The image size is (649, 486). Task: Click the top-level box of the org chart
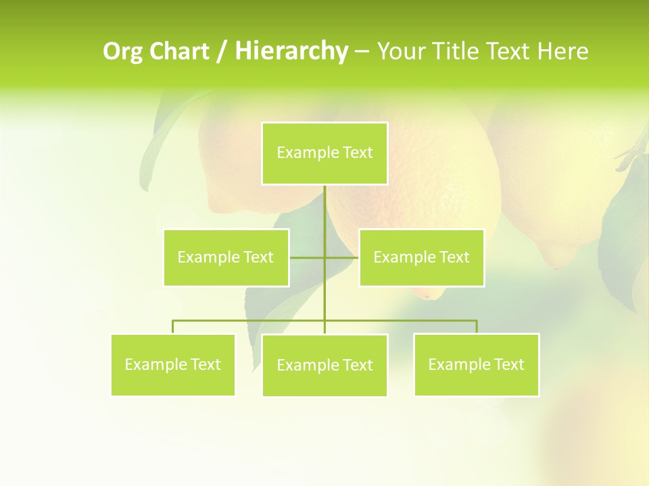[x=324, y=153]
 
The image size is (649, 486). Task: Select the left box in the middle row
[x=226, y=257]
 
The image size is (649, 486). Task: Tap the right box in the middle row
[x=421, y=257]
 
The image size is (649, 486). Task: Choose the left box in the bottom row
[x=172, y=364]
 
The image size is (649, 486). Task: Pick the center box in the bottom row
[x=324, y=365]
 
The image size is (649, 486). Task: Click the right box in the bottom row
[x=476, y=364]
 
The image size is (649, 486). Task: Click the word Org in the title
[x=123, y=51]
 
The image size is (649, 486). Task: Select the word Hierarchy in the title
[x=291, y=51]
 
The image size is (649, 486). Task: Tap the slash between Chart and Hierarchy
[x=222, y=51]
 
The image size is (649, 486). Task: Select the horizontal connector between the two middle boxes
[x=308, y=257]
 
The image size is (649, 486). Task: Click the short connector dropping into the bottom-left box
[x=172, y=327]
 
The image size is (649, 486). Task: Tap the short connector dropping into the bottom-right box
[x=476, y=327]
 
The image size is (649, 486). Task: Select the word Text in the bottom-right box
[x=509, y=364]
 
